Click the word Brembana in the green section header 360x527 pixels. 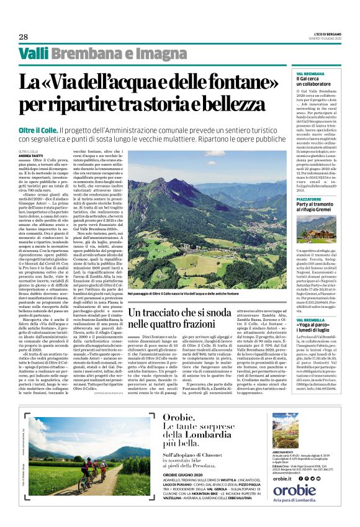pyautogui.click(x=80, y=54)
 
